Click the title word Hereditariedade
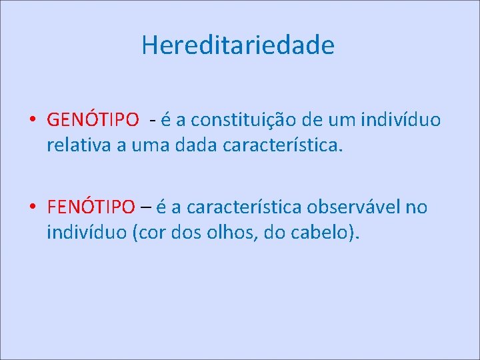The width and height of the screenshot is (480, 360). (x=238, y=46)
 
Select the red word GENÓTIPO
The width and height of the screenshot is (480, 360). (x=93, y=120)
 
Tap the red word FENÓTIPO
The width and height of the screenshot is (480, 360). (x=91, y=207)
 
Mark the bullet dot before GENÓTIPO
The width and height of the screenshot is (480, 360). (x=32, y=121)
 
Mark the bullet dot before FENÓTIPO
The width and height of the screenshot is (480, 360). (x=32, y=208)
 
